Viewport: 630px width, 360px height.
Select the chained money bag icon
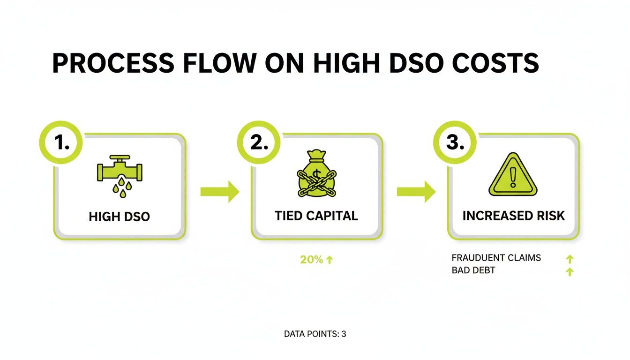pos(317,174)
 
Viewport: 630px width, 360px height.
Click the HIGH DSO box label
pos(119,217)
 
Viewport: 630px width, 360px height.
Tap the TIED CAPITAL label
pos(316,216)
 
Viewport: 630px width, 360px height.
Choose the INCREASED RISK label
pos(514,216)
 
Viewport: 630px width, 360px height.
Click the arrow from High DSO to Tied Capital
pos(219,192)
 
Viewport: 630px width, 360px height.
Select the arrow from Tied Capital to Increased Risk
pos(416,192)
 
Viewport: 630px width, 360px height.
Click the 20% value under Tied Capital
pos(311,260)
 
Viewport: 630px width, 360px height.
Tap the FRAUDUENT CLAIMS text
pos(496,258)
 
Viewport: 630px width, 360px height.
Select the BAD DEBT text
pos(473,270)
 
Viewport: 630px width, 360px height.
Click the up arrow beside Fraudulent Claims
pos(570,259)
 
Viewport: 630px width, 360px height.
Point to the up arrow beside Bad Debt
pos(570,271)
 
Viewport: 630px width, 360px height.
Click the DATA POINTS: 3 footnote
pos(315,334)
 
